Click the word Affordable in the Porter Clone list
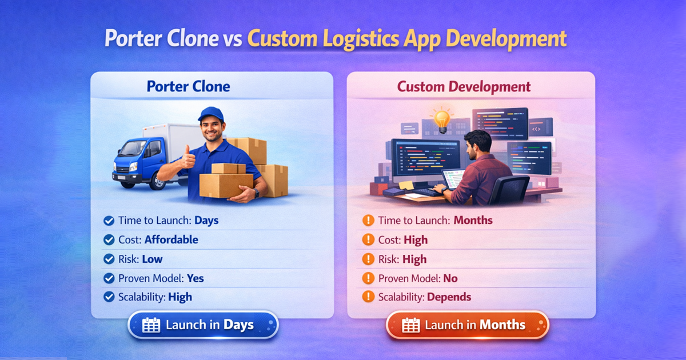pyautogui.click(x=171, y=240)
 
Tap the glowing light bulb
pyautogui.click(x=441, y=120)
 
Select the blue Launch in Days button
pyautogui.click(x=203, y=325)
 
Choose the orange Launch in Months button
pyautogui.click(x=468, y=325)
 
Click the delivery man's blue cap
pyautogui.click(x=210, y=113)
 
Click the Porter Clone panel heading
pyautogui.click(x=189, y=87)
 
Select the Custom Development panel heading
pyautogui.click(x=464, y=87)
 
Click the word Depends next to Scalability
pyautogui.click(x=449, y=297)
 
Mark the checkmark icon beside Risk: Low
pyautogui.click(x=108, y=259)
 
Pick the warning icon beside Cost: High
pyautogui.click(x=368, y=240)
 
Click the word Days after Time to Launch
pyautogui.click(x=206, y=221)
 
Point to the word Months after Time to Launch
pyautogui.click(x=473, y=221)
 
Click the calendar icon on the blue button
pyautogui.click(x=151, y=325)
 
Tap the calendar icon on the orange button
pyautogui.click(x=410, y=325)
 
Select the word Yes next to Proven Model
pyautogui.click(x=195, y=278)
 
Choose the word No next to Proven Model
pyautogui.click(x=450, y=278)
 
